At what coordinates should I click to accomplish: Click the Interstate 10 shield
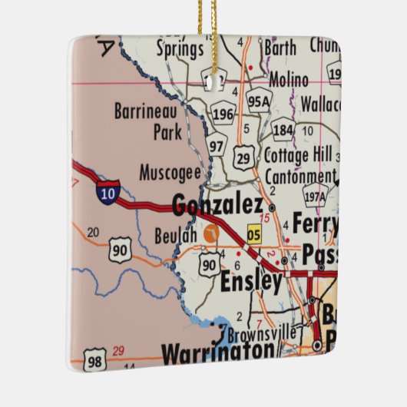point(108,193)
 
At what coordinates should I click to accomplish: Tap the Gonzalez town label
point(218,205)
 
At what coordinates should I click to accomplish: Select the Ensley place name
point(251,282)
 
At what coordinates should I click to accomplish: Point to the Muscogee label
point(170,172)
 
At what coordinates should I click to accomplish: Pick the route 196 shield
point(223,114)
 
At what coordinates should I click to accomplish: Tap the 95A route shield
point(260,100)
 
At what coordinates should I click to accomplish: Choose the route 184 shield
point(283,130)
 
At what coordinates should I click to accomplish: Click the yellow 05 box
point(254,235)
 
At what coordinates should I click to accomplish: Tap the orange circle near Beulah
point(211,233)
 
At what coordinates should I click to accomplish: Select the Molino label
point(289,79)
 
